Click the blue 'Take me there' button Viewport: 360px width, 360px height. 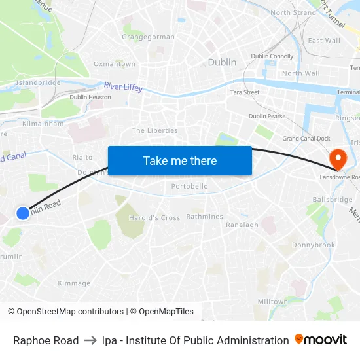179,160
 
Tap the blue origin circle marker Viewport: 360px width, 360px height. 23,213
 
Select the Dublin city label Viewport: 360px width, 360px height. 222,62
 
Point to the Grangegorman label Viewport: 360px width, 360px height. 148,37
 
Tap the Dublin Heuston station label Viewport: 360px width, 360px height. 90,97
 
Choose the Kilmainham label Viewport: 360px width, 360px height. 43,123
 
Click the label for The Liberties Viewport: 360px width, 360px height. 154,130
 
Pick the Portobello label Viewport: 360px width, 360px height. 189,187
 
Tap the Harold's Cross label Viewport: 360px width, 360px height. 154,217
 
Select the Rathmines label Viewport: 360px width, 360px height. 205,217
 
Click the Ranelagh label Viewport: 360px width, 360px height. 242,225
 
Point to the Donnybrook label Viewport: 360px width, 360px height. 313,245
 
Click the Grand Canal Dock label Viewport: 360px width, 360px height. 306,139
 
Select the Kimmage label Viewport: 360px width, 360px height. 74,283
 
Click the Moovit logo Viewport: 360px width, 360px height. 321,340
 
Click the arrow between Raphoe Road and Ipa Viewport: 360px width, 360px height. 90,340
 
